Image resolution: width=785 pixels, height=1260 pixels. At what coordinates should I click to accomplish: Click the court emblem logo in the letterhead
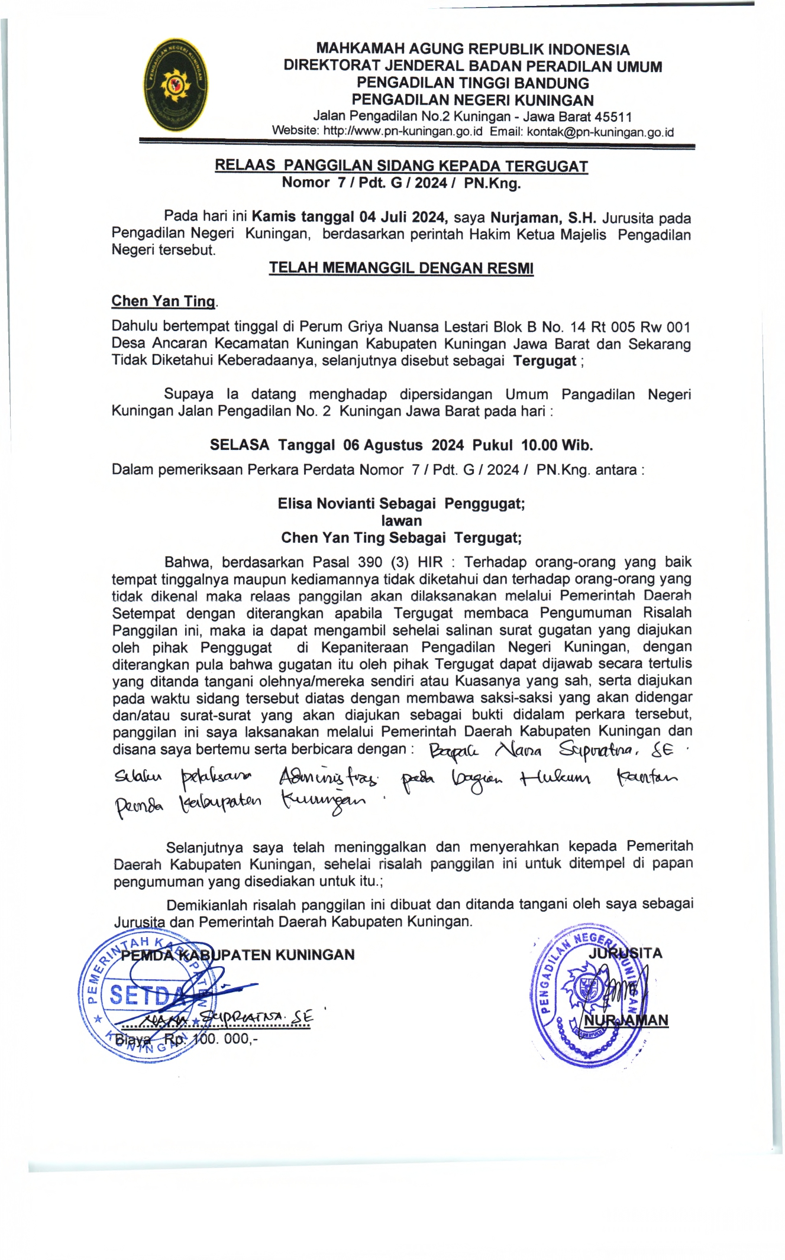[x=176, y=85]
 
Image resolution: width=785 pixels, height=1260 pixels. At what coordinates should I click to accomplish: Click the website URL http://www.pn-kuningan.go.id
[x=403, y=131]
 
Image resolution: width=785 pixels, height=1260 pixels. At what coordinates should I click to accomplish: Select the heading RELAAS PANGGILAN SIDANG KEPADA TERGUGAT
[x=401, y=166]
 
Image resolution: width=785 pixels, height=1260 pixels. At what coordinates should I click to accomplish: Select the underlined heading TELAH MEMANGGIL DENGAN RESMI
[x=401, y=268]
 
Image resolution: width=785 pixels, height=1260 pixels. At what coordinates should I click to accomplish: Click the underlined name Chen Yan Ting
[x=163, y=302]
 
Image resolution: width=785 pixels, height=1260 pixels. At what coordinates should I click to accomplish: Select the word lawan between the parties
[x=402, y=521]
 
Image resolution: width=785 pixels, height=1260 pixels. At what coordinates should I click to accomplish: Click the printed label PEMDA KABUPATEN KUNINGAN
[x=237, y=955]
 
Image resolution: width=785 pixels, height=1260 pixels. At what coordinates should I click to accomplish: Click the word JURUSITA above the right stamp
[x=625, y=953]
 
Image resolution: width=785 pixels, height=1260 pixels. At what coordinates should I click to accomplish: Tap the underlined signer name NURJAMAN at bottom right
[x=626, y=1020]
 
